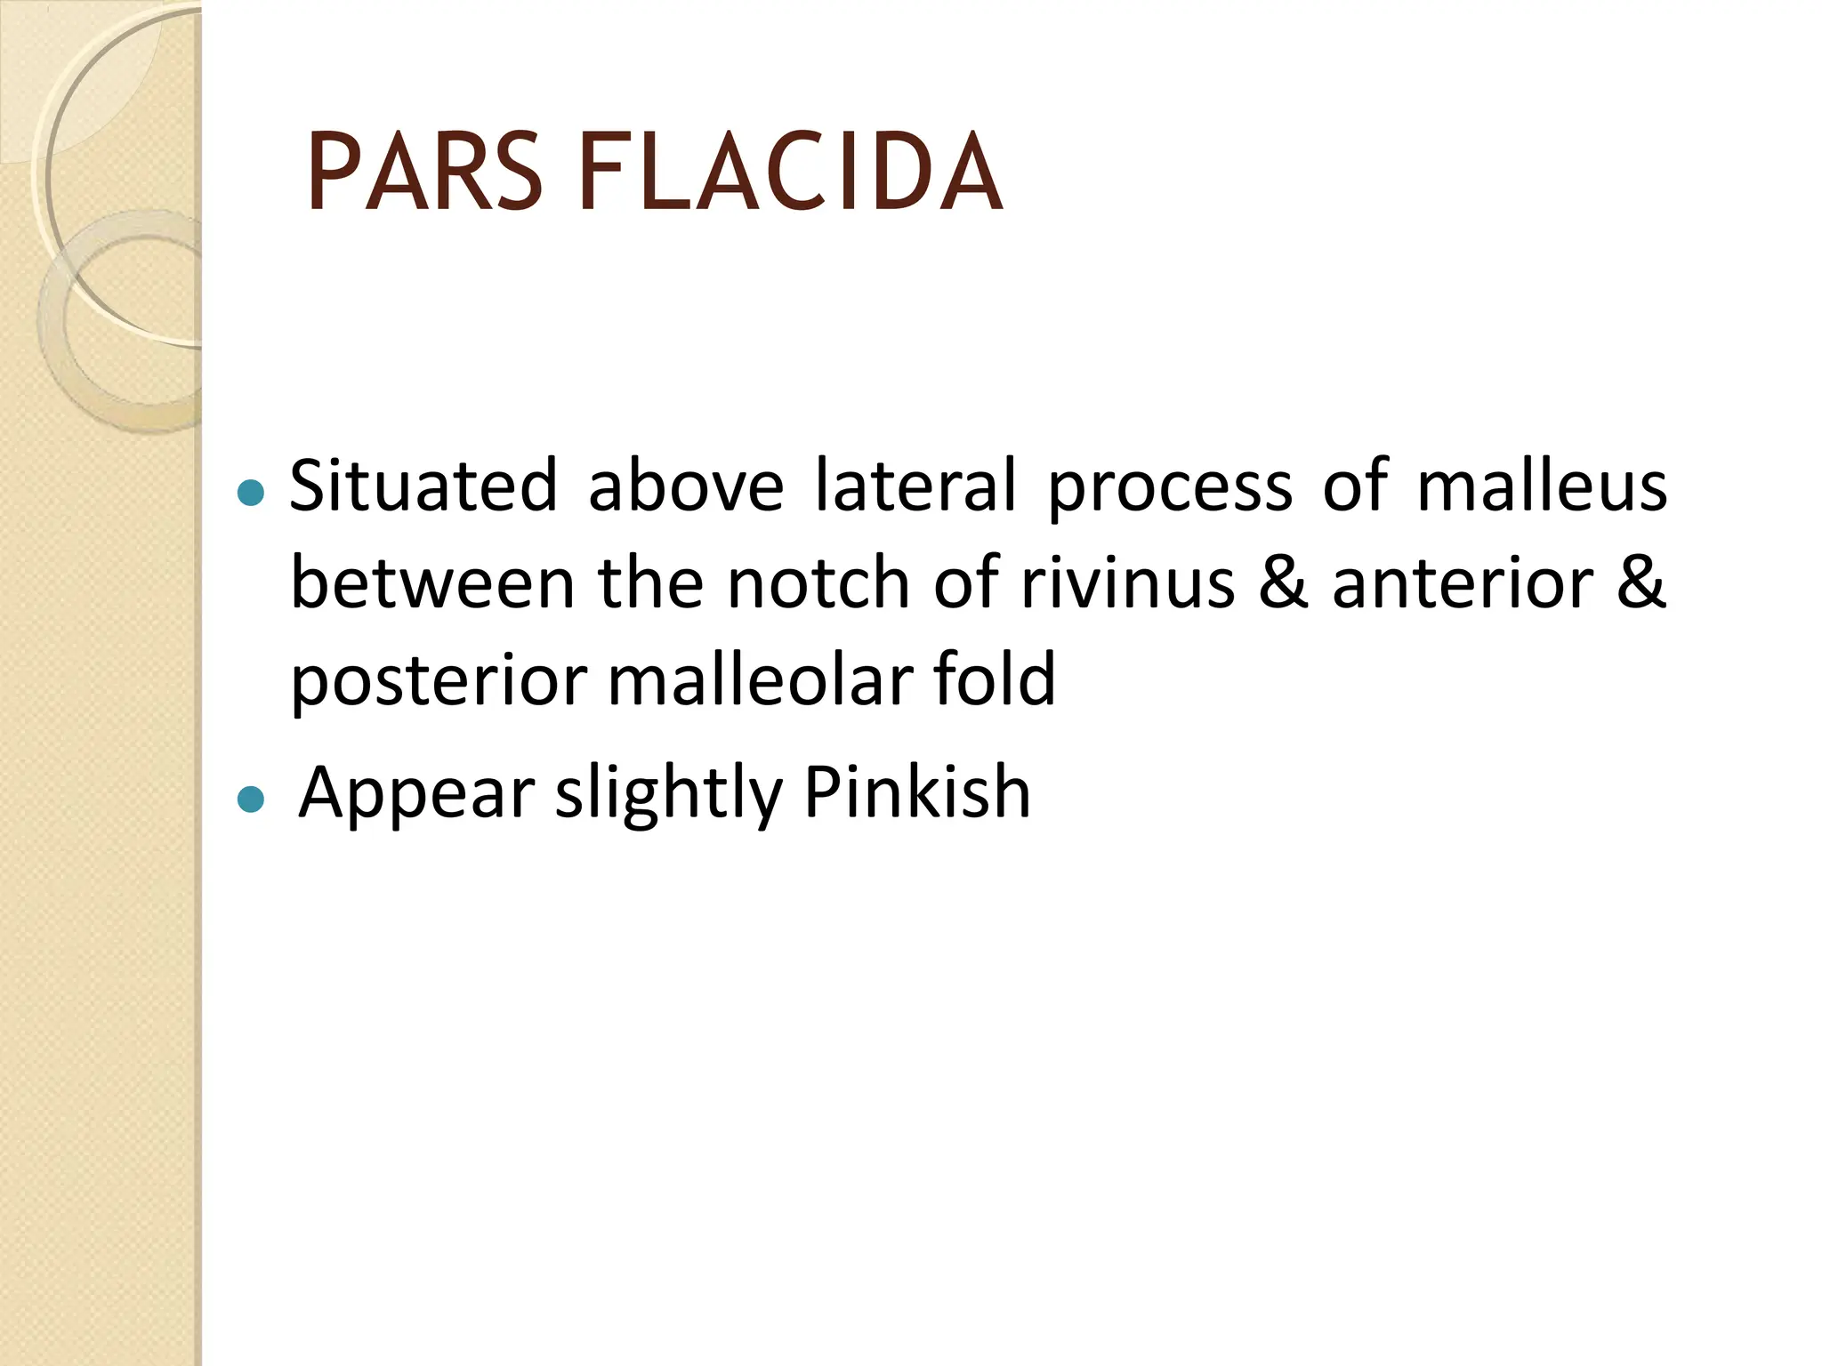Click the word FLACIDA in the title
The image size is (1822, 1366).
point(790,173)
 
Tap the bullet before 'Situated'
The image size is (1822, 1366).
point(252,492)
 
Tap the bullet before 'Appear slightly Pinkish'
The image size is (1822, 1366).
point(252,799)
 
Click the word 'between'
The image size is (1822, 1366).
point(432,583)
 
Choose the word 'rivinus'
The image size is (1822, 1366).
point(1127,583)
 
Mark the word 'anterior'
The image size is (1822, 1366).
point(1462,583)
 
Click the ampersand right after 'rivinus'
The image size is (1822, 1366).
point(1284,583)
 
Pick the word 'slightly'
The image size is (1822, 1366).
point(668,794)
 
